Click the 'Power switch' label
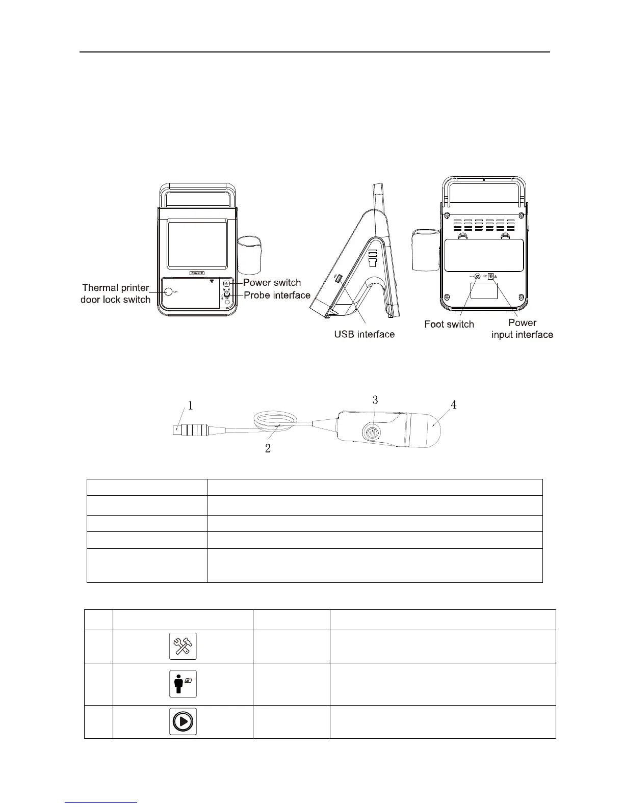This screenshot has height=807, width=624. pyautogui.click(x=272, y=283)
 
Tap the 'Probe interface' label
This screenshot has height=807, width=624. pyautogui.click(x=277, y=295)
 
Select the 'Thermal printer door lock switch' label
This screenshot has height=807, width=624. pyautogui.click(x=116, y=294)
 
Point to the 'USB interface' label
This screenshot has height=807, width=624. pyautogui.click(x=364, y=335)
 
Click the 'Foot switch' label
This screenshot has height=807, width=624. pyautogui.click(x=449, y=325)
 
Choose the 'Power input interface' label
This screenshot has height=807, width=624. pyautogui.click(x=522, y=329)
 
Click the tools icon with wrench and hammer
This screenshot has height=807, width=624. pyautogui.click(x=183, y=647)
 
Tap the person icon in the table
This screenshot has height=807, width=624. pyautogui.click(x=183, y=684)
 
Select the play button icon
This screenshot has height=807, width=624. pyautogui.click(x=183, y=721)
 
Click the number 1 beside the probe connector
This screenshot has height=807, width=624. pyautogui.click(x=191, y=406)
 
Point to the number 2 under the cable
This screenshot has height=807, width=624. pyautogui.click(x=268, y=448)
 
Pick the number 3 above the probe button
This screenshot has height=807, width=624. pyautogui.click(x=375, y=400)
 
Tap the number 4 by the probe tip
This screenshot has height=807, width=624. pyautogui.click(x=453, y=405)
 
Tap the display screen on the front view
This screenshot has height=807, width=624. pyautogui.click(x=197, y=245)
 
